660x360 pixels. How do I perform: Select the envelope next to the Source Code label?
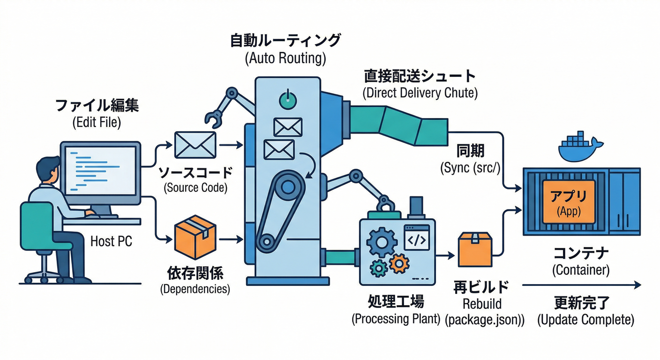click(195, 144)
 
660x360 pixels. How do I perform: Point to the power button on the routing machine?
click(287, 99)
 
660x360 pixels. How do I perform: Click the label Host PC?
click(111, 241)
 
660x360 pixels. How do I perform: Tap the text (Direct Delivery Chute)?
click(420, 93)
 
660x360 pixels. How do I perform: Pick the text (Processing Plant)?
click(396, 319)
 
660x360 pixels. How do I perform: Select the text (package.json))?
click(484, 320)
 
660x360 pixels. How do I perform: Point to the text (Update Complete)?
click(585, 320)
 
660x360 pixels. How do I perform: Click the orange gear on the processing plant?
click(399, 263)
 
